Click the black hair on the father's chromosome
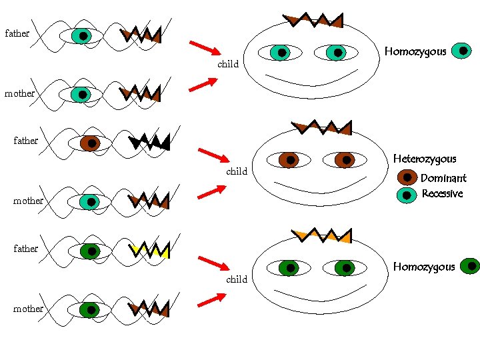[x=151, y=141]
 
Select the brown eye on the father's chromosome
[x=90, y=143]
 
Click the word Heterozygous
[x=425, y=159]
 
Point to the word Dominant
[x=443, y=178]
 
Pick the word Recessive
[x=442, y=194]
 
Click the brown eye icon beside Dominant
[x=407, y=177]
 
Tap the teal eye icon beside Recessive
[x=407, y=195]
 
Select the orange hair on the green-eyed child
[x=322, y=235]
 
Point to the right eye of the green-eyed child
[x=345, y=269]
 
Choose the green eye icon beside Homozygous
[x=470, y=266]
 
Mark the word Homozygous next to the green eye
[x=424, y=267]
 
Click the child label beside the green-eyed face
[x=237, y=279]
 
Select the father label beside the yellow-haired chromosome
[x=26, y=249]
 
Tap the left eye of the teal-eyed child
[x=282, y=52]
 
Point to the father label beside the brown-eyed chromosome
[x=26, y=141]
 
